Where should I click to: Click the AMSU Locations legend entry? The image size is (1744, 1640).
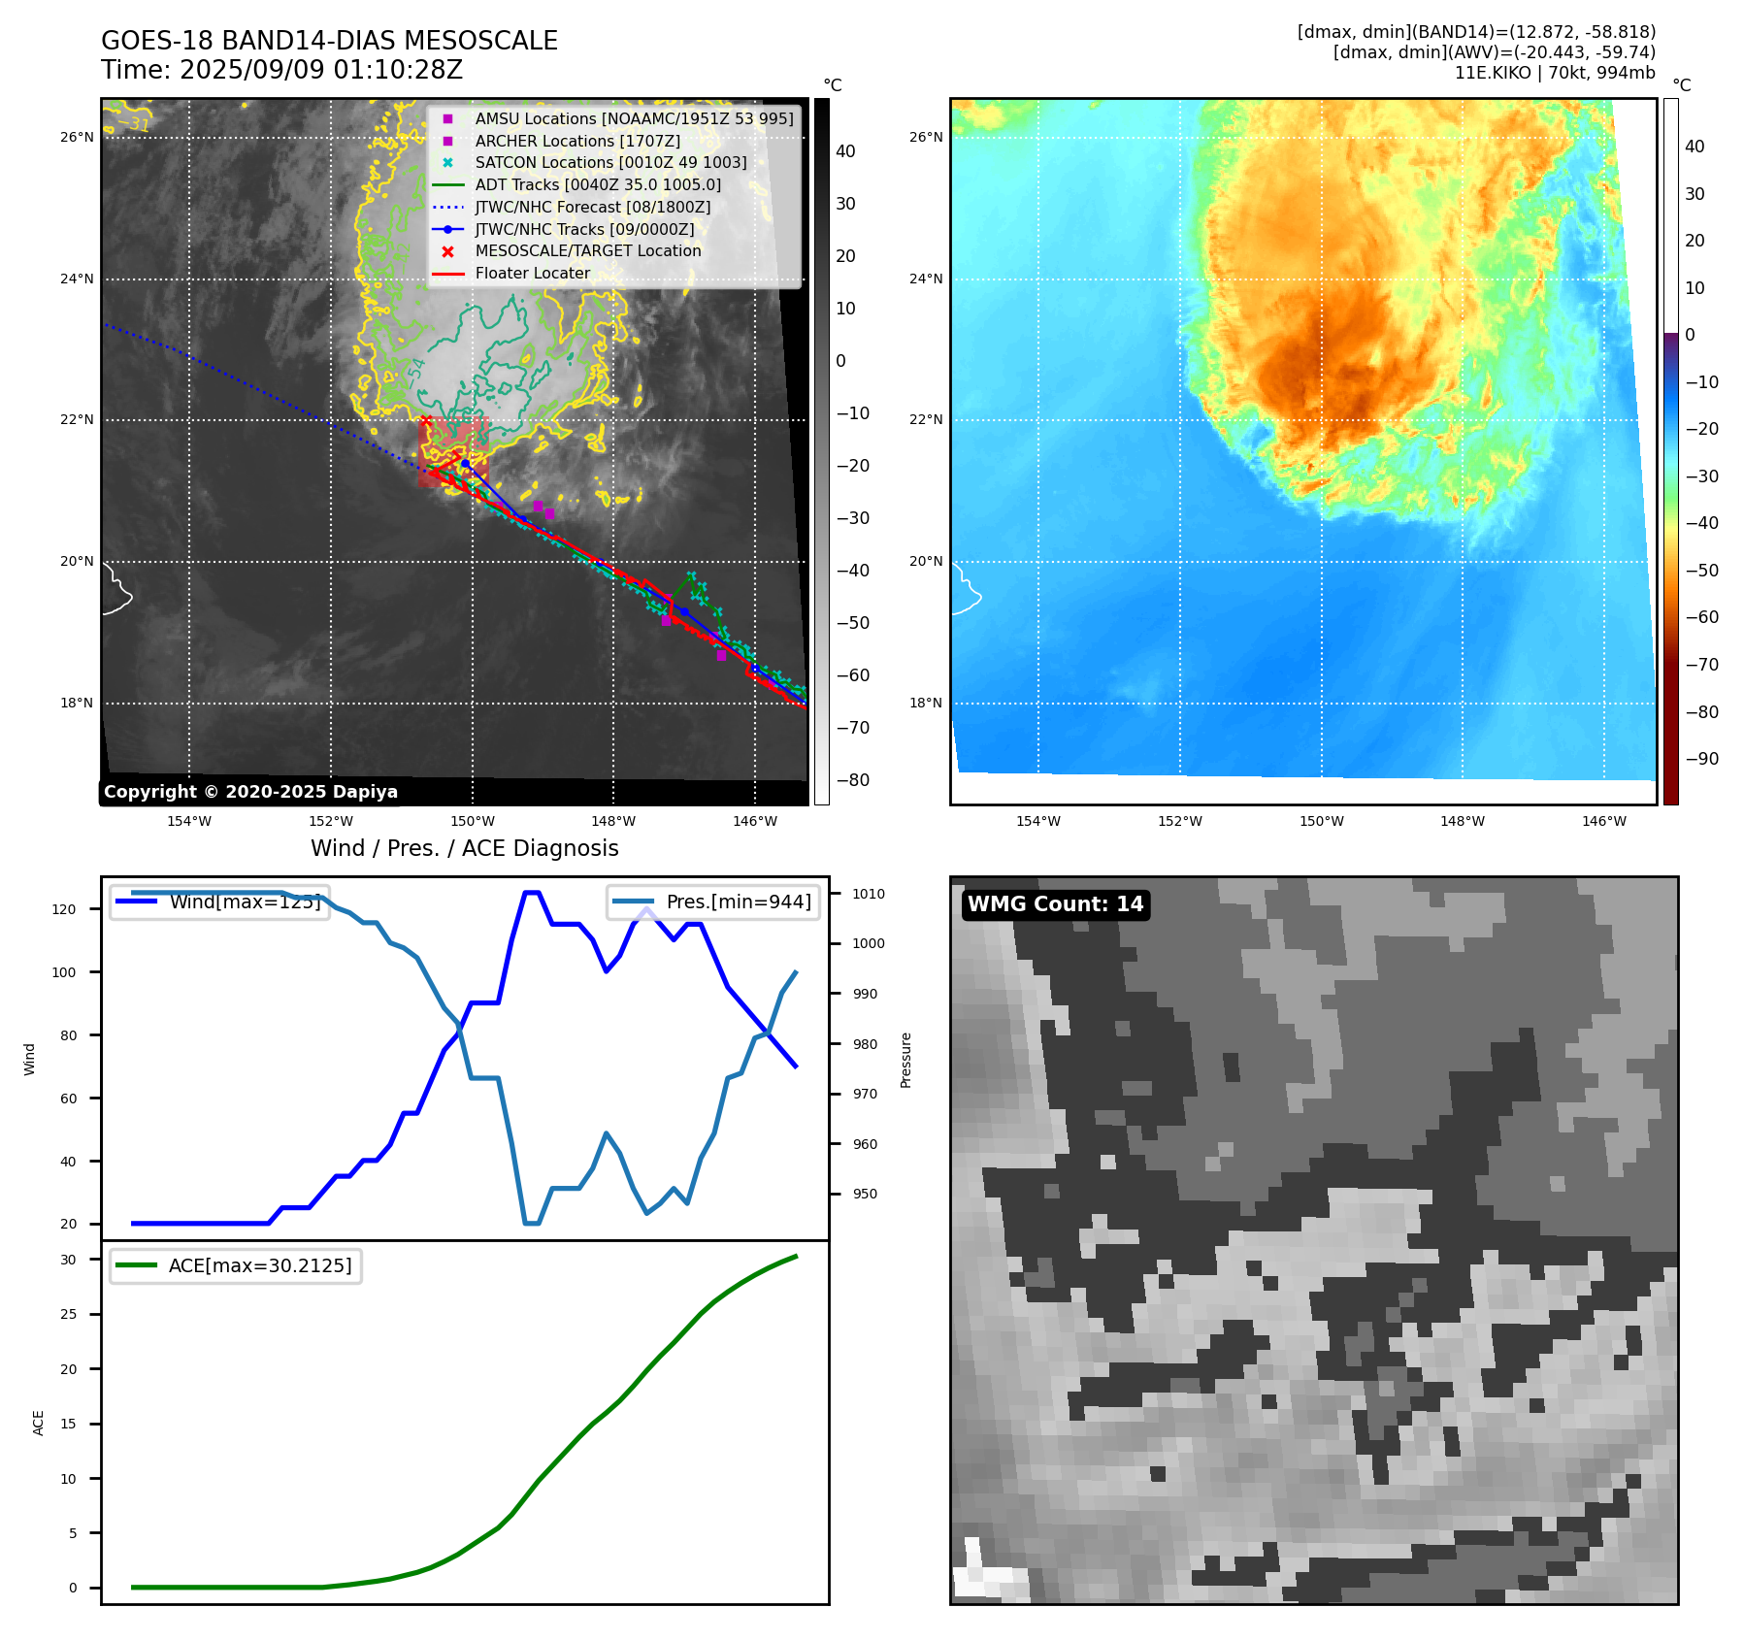coord(633,118)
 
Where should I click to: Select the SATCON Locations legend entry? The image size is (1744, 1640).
coord(610,162)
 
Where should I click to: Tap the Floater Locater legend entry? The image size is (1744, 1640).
coord(532,273)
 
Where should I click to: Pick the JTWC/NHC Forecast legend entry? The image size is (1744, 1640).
coord(592,207)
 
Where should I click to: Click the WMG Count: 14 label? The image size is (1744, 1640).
coord(1055,904)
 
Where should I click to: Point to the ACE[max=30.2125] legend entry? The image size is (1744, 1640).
coord(259,1265)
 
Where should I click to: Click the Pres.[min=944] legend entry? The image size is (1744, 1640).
coord(738,902)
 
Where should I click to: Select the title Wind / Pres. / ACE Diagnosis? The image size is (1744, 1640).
coord(464,848)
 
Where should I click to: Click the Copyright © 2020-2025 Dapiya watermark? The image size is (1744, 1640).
coord(250,792)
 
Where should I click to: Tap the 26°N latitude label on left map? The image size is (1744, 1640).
coord(77,137)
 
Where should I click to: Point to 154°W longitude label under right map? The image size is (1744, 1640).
coord(1037,821)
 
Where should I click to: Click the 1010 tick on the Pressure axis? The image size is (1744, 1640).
coord(869,894)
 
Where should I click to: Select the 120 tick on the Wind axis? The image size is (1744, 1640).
coord(64,909)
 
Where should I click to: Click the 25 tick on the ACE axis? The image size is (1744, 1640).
coord(68,1314)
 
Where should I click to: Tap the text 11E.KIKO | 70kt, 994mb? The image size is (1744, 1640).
coord(1554,73)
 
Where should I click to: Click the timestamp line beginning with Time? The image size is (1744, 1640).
coord(281,70)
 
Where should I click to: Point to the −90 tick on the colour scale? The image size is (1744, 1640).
coord(1701,759)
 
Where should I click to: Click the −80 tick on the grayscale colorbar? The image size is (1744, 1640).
coord(853,780)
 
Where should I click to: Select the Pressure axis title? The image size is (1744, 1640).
coord(905,1060)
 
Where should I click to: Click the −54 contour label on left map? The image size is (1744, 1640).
coord(415,372)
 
